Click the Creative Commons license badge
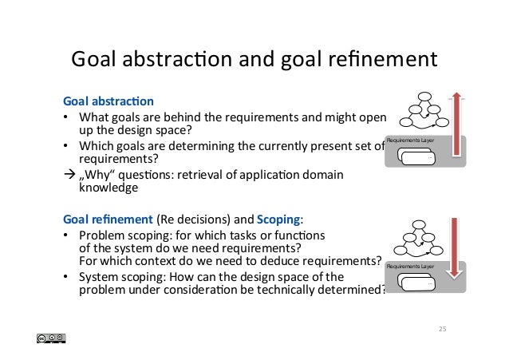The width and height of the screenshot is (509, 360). [50, 338]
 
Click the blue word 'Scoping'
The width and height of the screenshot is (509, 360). [280, 221]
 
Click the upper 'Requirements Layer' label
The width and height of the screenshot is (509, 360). [410, 140]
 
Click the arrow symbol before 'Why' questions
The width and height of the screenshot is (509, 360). [68, 175]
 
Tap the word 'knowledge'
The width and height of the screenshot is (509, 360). [109, 188]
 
